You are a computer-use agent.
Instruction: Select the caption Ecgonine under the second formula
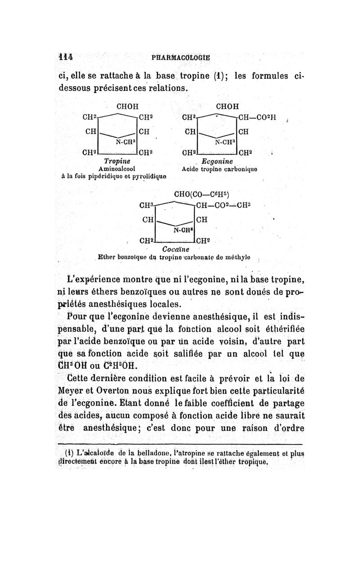pyautogui.click(x=218, y=161)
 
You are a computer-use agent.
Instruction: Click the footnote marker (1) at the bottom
pyautogui.click(x=69, y=452)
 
